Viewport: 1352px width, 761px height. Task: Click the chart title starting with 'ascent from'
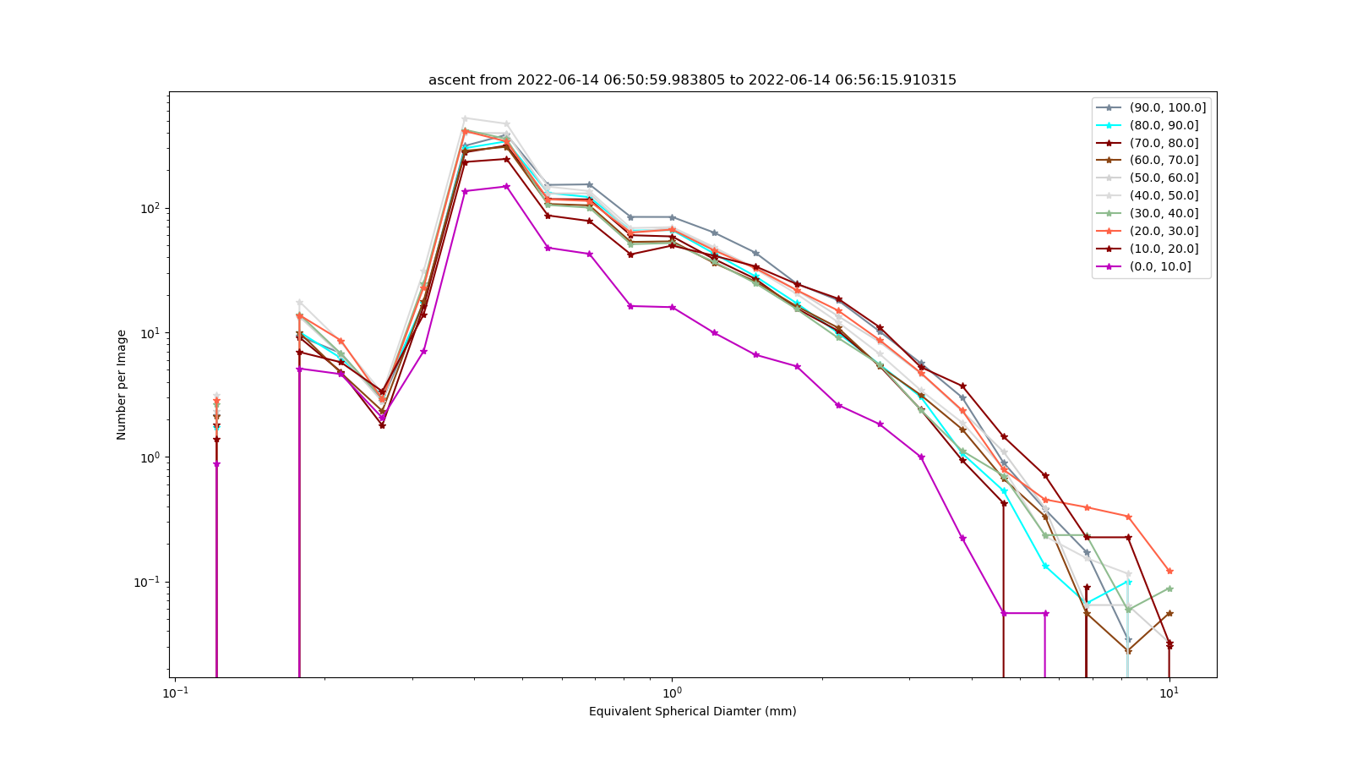click(692, 79)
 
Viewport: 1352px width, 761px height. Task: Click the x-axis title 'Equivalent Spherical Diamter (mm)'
click(692, 711)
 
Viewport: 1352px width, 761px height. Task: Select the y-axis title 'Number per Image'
click(122, 385)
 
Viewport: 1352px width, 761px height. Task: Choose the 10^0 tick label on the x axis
click(672, 693)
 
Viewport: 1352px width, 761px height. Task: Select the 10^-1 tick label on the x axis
click(175, 693)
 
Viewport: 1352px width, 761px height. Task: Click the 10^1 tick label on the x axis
click(1169, 693)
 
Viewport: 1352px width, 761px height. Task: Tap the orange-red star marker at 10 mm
click(1169, 571)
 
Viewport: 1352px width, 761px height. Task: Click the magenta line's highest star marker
click(507, 186)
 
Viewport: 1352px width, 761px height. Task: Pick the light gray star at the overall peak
click(465, 119)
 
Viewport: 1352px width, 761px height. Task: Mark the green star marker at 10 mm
click(1169, 589)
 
